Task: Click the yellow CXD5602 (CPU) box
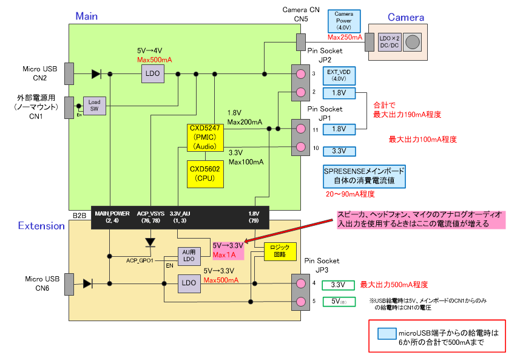point(204,173)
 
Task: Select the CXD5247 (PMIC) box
point(205,137)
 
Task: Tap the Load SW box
point(95,106)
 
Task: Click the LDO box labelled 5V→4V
point(152,74)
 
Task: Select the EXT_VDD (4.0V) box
point(339,75)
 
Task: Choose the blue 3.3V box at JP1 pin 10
point(339,150)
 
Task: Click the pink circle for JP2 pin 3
point(300,74)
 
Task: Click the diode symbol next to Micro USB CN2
point(96,74)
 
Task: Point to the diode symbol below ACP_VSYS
point(151,242)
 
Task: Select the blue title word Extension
point(41,226)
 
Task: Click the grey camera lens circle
point(413,42)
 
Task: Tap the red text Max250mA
point(345,38)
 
